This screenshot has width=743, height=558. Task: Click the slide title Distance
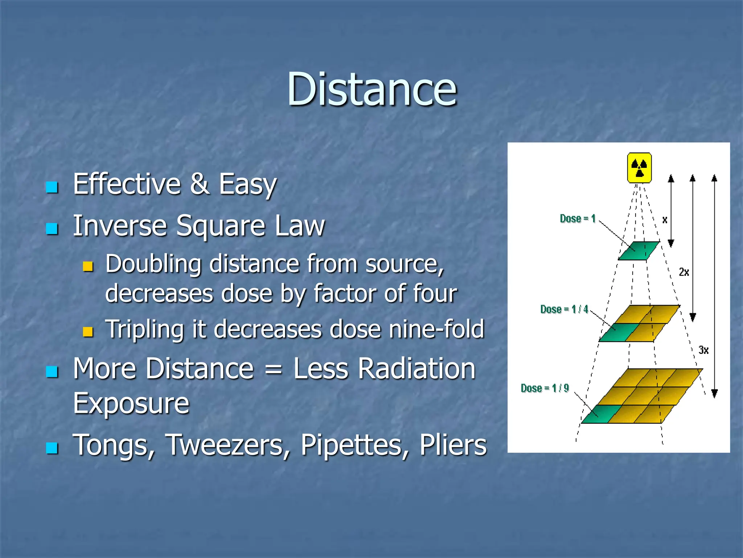point(372,89)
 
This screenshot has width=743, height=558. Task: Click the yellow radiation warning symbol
point(639,168)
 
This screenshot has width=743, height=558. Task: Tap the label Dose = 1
point(578,218)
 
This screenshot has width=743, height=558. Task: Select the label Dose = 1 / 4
point(564,309)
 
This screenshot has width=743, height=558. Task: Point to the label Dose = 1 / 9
point(545,388)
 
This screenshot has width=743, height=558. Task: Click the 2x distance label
point(684,272)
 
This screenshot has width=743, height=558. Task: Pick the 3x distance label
point(703,350)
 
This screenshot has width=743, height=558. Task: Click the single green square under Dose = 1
point(639,251)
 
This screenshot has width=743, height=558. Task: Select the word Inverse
point(120,226)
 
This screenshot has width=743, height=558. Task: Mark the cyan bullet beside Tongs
point(52,448)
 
